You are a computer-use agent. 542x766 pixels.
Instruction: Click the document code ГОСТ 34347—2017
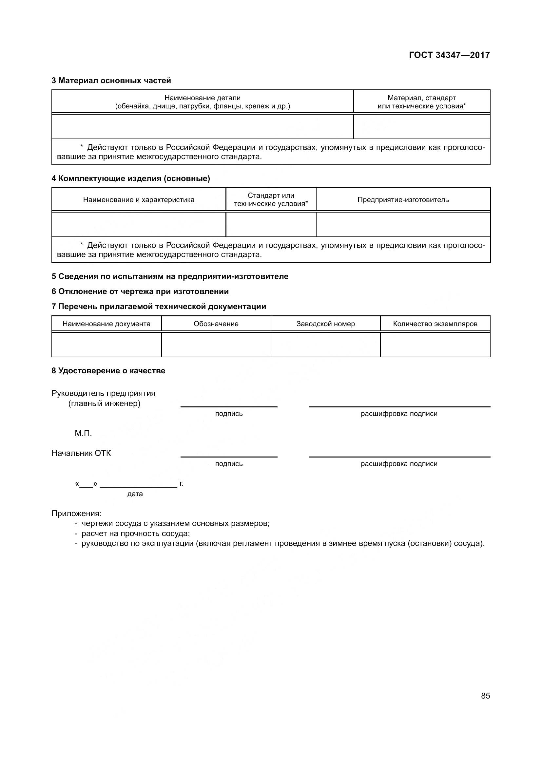[449, 55]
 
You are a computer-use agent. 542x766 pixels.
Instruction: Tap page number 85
[485, 696]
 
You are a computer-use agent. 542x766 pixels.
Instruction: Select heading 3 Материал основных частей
[111, 81]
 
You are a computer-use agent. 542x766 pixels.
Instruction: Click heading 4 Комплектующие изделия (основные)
[131, 178]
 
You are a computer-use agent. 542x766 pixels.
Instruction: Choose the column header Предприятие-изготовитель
[403, 199]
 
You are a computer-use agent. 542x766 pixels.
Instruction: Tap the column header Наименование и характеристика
[139, 199]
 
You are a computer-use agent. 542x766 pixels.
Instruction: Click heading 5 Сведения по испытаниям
[170, 276]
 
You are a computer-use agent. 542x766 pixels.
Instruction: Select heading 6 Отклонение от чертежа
[140, 291]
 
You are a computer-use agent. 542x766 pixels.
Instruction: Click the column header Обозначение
[216, 324]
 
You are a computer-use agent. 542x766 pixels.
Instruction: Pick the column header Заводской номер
[325, 324]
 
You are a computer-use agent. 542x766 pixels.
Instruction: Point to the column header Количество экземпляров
[435, 324]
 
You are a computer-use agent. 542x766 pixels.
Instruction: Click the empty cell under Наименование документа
[106, 345]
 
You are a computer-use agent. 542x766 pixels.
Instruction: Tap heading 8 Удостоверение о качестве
[108, 371]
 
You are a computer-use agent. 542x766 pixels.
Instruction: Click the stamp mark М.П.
[83, 433]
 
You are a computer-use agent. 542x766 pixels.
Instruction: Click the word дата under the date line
[135, 494]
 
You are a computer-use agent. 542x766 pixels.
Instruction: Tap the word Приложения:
[76, 513]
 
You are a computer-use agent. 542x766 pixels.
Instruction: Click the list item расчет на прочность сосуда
[136, 533]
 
